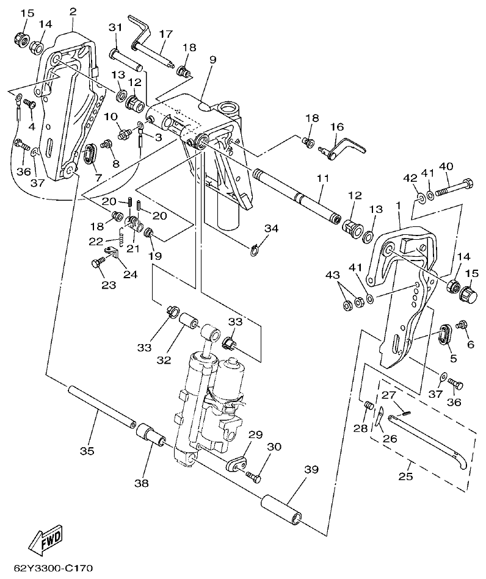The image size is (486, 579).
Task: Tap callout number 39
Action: pos(311,469)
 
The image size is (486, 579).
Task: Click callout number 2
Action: pos(73,12)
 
